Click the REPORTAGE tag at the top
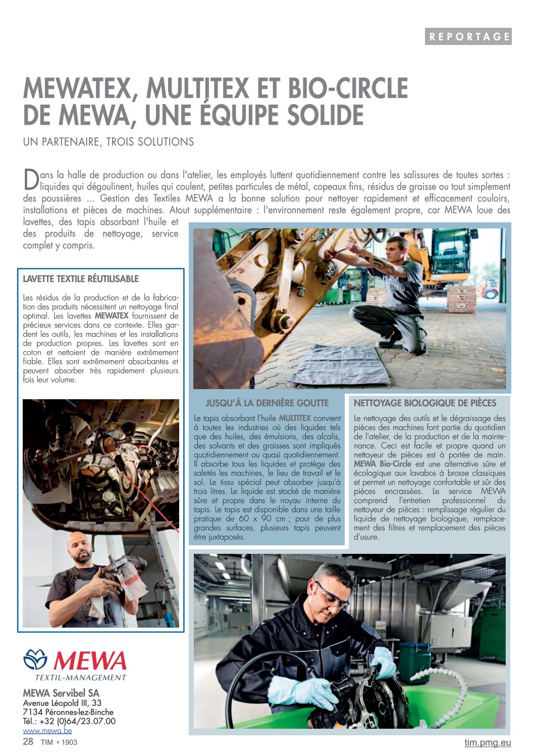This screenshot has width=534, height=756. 468,36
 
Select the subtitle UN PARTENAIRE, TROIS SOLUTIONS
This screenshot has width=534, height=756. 109,141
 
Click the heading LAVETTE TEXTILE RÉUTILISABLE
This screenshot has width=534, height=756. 81,279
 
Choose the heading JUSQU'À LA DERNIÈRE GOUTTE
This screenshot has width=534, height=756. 267,403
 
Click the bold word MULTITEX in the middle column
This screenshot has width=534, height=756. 294,418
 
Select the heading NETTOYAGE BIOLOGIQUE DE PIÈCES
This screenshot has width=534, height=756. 425,403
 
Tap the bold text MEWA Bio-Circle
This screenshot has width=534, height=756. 382,464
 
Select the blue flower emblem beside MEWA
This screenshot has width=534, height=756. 35,659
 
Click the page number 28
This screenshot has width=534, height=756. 28,741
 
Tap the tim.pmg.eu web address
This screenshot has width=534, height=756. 488,742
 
